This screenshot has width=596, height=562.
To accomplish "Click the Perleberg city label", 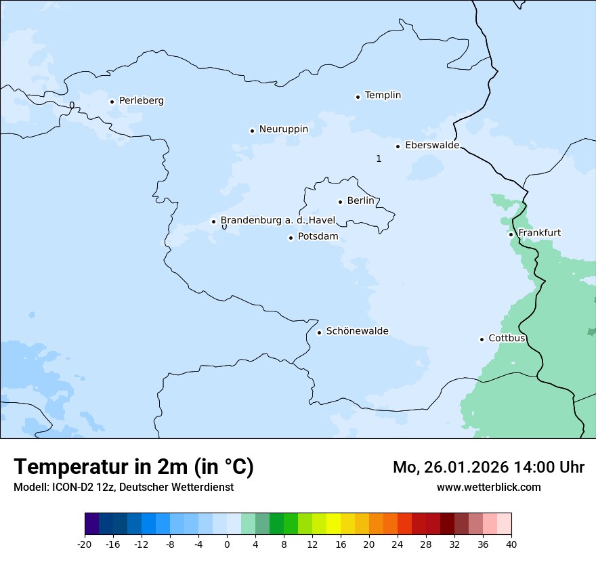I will click(141, 101).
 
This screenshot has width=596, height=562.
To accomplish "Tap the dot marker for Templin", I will click(358, 97).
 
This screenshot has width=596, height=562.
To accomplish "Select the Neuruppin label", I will click(283, 129).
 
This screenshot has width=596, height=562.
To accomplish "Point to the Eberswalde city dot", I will click(398, 146).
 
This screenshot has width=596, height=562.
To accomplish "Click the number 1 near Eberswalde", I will click(379, 158).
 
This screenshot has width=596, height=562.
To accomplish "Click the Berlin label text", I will click(360, 201).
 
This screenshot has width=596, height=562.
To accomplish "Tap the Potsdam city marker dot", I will click(291, 238).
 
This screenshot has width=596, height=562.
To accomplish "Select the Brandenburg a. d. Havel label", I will click(278, 221).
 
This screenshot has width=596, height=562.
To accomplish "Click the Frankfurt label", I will click(539, 233).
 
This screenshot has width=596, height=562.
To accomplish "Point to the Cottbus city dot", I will click(482, 339).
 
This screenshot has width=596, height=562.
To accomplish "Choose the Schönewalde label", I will click(357, 331).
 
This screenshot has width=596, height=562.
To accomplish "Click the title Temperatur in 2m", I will click(133, 467).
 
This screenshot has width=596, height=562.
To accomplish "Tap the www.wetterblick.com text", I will click(488, 487).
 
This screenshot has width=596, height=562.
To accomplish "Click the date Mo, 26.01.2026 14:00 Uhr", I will click(488, 467).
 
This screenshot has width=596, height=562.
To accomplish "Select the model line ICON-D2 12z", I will click(123, 487).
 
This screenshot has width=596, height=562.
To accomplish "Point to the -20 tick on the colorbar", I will click(85, 544).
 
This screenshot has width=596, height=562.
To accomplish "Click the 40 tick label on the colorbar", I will click(511, 544).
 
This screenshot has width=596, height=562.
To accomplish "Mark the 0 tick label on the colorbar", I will click(227, 544).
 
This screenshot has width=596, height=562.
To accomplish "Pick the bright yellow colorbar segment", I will click(333, 524).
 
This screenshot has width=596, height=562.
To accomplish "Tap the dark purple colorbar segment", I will click(91, 524).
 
